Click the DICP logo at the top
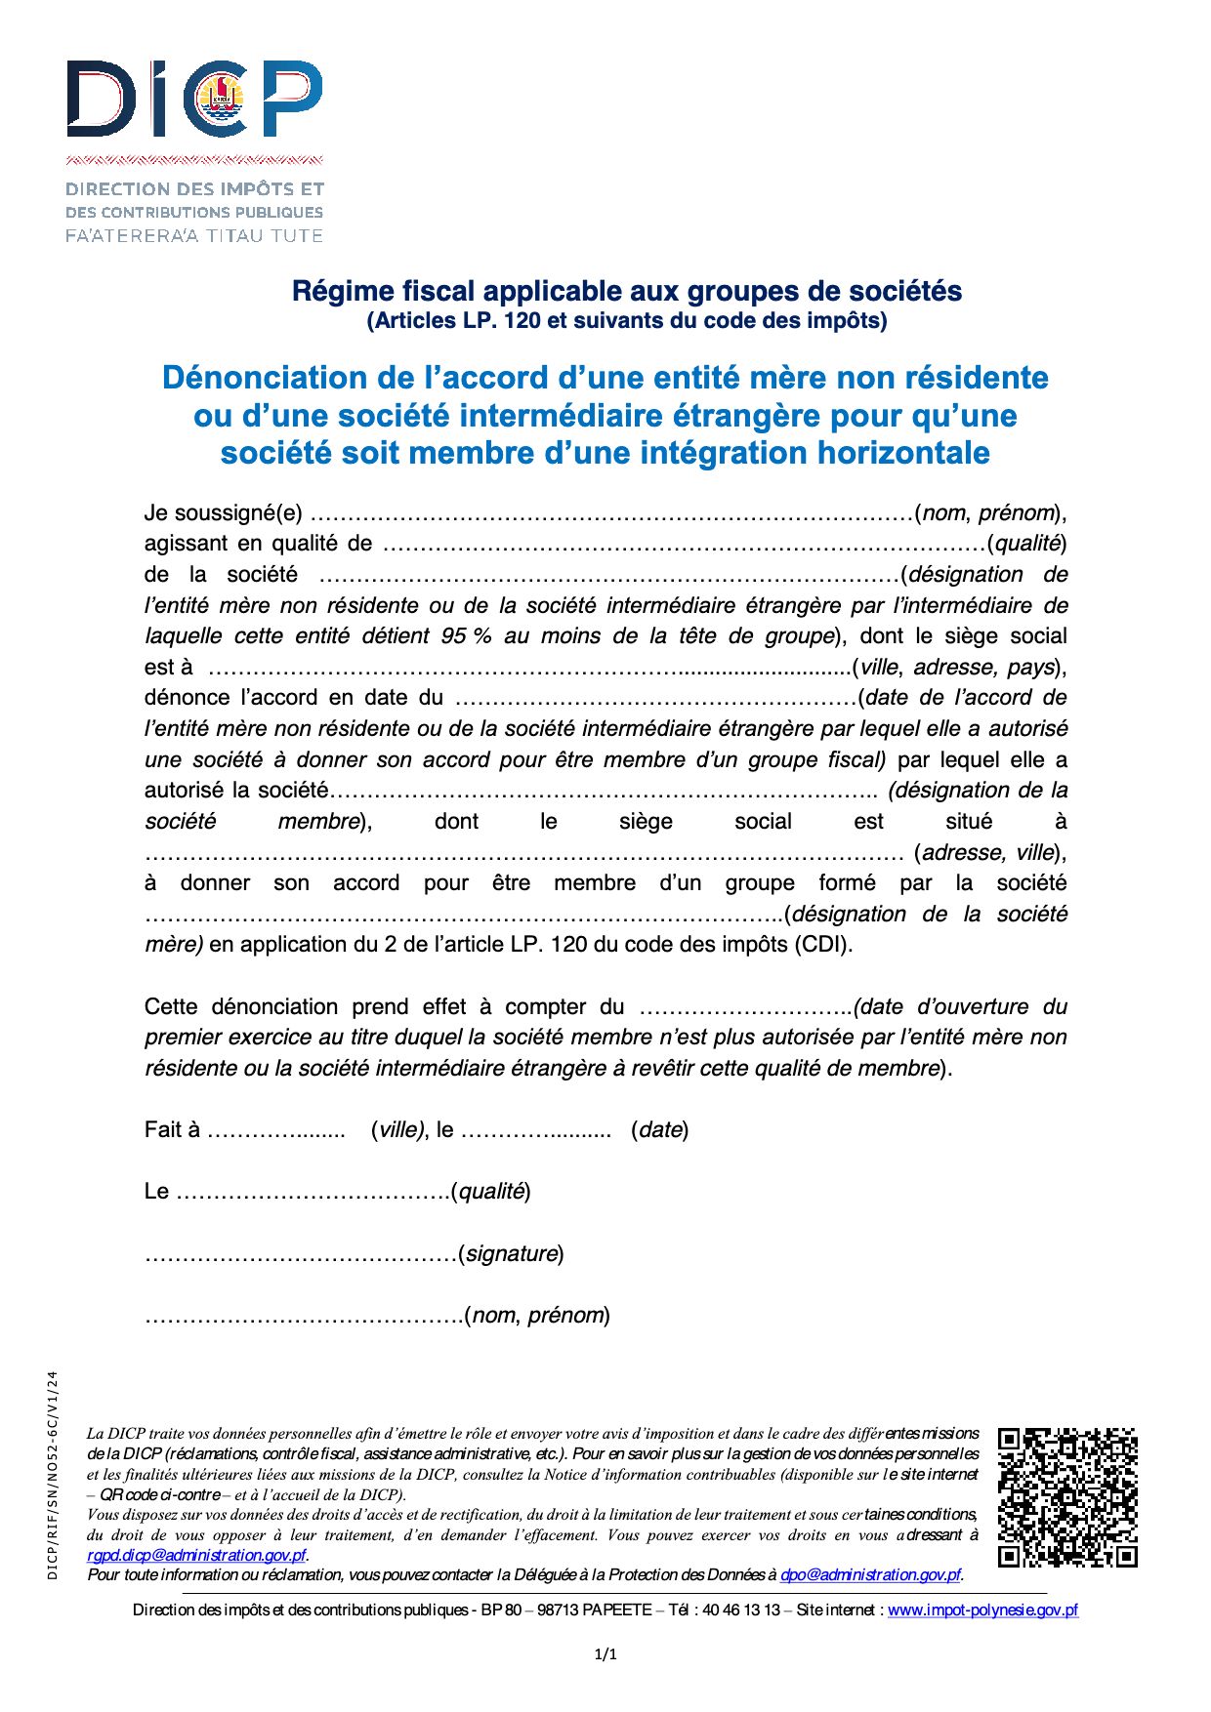pyautogui.click(x=193, y=100)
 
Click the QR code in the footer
pyautogui.click(x=1067, y=1497)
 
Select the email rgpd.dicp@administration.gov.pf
pyautogui.click(x=196, y=1555)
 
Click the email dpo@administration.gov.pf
pyautogui.click(x=870, y=1574)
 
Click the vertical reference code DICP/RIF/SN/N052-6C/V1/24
pyautogui.click(x=53, y=1474)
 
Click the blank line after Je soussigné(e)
pyautogui.click(x=611, y=514)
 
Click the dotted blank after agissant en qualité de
pyautogui.click(x=684, y=545)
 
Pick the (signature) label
pyautogui.click(x=511, y=1253)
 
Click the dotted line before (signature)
pyautogui.click(x=301, y=1255)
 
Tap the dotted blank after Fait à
pyautogui.click(x=276, y=1131)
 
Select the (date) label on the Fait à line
pyautogui.click(x=660, y=1130)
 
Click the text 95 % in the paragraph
pyautogui.click(x=466, y=636)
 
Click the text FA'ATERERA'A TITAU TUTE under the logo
pyautogui.click(x=193, y=235)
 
